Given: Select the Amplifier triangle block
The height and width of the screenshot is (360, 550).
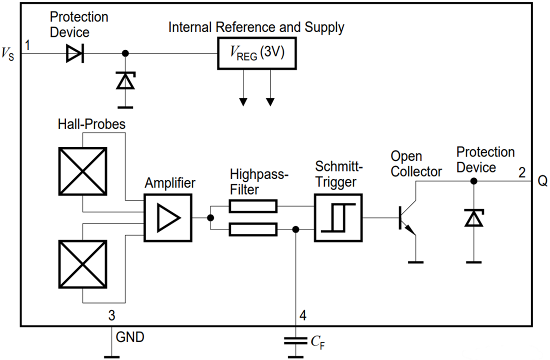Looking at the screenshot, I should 167,218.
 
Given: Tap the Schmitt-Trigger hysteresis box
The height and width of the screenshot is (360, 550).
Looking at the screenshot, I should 338,217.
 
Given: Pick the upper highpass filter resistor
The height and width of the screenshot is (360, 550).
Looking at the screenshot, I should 252,205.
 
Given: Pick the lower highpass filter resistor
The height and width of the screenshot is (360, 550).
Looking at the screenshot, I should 252,229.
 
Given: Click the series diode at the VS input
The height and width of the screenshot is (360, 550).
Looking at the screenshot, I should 75,53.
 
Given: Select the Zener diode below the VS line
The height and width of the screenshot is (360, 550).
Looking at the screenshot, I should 124,80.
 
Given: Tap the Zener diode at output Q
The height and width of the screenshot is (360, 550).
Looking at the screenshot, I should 473,218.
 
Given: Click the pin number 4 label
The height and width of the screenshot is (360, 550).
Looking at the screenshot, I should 303,316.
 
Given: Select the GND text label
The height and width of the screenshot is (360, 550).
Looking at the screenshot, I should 130,337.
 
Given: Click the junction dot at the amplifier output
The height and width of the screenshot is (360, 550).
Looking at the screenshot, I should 210,217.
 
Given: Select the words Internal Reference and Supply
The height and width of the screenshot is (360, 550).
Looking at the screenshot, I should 256,27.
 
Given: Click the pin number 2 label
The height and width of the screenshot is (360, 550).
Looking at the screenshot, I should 521,173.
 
